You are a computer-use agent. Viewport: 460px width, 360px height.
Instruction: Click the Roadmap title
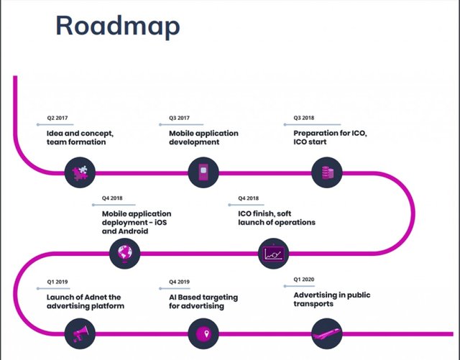click(x=118, y=26)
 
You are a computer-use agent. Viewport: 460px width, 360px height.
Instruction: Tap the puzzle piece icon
click(x=80, y=172)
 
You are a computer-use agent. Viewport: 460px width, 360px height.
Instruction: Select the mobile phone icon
click(x=203, y=172)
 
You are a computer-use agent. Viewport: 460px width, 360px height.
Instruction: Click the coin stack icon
click(x=327, y=172)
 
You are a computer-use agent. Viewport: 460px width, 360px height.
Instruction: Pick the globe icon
click(x=124, y=253)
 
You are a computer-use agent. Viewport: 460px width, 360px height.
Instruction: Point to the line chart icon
click(x=273, y=254)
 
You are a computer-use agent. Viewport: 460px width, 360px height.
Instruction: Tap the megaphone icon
click(x=80, y=333)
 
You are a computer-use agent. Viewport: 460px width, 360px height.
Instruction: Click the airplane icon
click(x=327, y=334)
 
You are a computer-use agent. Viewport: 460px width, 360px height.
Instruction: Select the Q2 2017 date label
click(x=57, y=118)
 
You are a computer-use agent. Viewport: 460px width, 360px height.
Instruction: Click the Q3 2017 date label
click(x=179, y=118)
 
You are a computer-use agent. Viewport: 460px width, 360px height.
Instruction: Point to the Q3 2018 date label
click(x=303, y=118)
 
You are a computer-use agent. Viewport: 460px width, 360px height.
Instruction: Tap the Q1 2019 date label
click(x=57, y=282)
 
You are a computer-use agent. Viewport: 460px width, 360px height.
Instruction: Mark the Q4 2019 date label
click(x=179, y=282)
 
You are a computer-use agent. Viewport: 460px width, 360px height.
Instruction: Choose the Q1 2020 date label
click(x=303, y=280)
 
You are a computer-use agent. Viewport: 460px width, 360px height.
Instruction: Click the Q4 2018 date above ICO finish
click(x=248, y=198)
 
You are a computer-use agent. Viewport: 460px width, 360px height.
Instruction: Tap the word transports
click(x=313, y=304)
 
